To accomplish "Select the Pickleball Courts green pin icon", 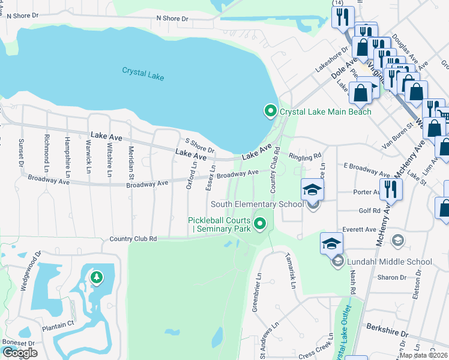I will (x=260, y=224).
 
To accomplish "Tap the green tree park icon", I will (x=95, y=277).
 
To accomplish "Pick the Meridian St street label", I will (x=131, y=161).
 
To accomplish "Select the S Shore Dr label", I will (x=200, y=145).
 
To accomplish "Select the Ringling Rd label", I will (x=305, y=157).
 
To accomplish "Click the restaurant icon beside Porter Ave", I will (x=391, y=190).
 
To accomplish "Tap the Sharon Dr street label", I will (x=393, y=277).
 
